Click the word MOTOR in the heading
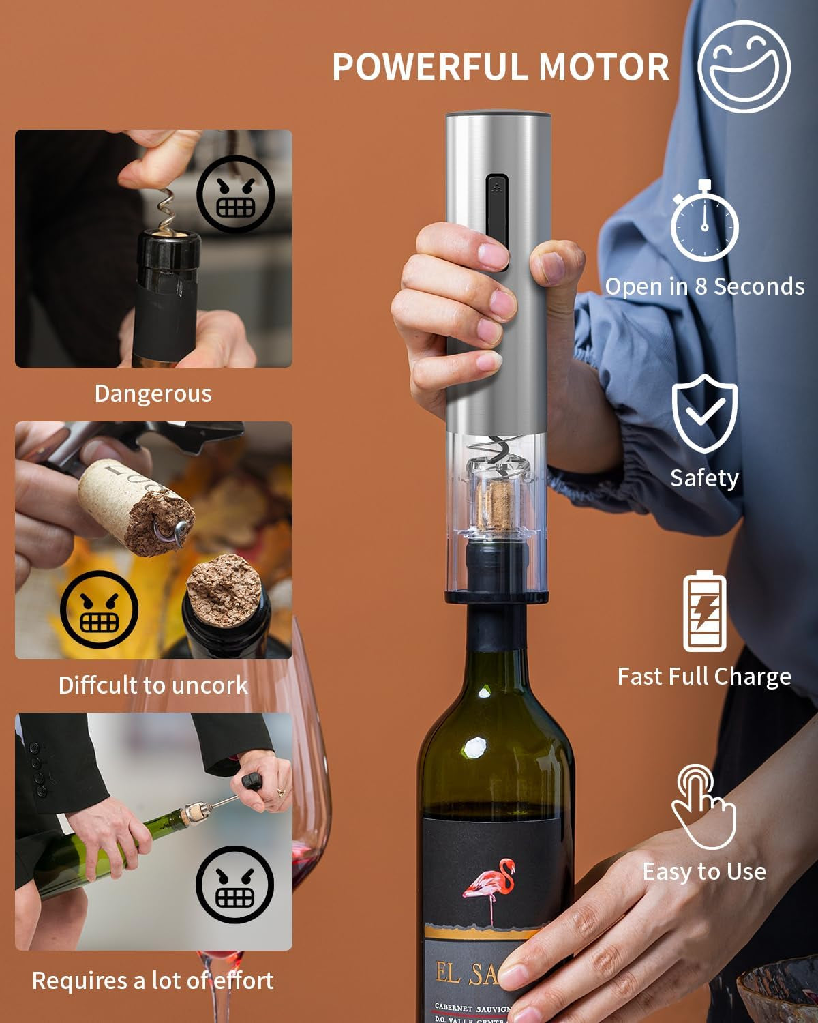point(604,67)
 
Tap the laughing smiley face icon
point(744,66)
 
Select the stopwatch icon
point(704,222)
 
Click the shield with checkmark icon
point(705,413)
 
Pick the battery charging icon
point(705,612)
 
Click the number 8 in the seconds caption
point(701,286)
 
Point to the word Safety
point(704,478)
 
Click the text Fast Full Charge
point(704,677)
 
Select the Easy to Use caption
point(704,872)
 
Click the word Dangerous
point(153,394)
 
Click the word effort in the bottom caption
point(243,981)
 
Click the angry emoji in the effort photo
point(234,885)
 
